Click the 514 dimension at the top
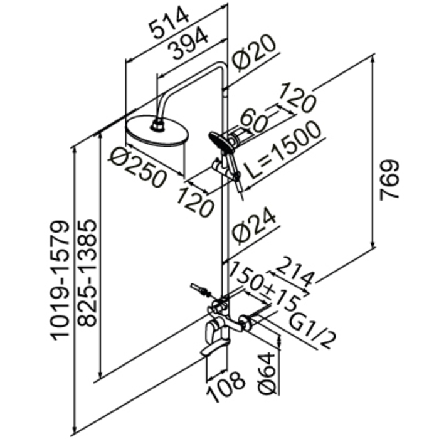click(x=169, y=23)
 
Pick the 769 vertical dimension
click(x=389, y=181)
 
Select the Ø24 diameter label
click(x=254, y=226)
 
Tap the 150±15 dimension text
click(x=265, y=287)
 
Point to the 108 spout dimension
click(x=226, y=387)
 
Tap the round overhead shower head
click(x=157, y=131)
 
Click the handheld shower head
click(x=221, y=142)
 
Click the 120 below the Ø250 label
click(x=196, y=202)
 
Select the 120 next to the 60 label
click(x=298, y=98)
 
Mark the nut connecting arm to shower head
click(x=157, y=125)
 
